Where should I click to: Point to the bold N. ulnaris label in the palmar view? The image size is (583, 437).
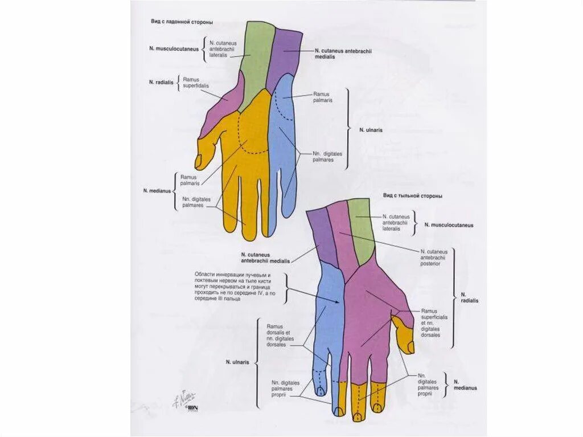click(371, 130)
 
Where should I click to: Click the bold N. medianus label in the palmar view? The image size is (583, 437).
click(157, 191)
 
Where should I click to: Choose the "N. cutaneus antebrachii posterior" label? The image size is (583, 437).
click(434, 258)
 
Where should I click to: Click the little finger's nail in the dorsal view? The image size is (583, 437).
click(321, 391)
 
